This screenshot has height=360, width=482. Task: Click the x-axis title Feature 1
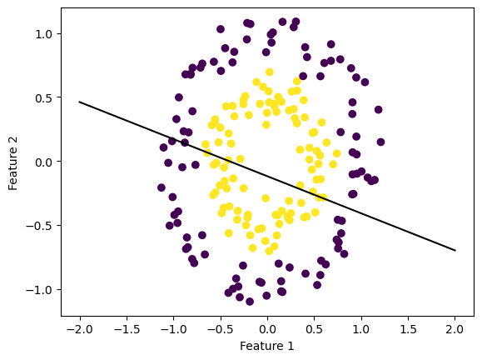tap(266, 346)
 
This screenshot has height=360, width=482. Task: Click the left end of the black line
tap(80, 102)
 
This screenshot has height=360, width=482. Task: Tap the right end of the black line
tap(455, 250)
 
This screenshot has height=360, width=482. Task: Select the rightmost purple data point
tap(378, 109)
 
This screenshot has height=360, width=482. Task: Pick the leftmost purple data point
tap(161, 187)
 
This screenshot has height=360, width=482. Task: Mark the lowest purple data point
tap(250, 301)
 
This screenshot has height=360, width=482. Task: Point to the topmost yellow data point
tap(269, 72)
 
